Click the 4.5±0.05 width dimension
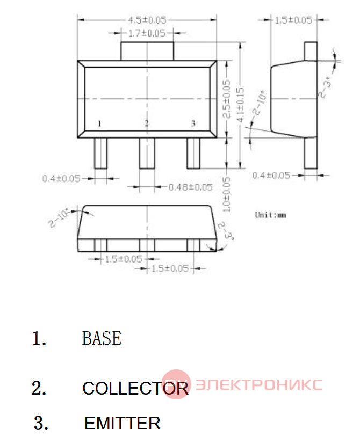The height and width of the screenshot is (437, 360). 147,20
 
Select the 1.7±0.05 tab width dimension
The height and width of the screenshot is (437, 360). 147,33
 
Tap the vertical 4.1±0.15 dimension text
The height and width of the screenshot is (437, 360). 240,105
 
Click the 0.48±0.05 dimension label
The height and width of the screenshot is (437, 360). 190,187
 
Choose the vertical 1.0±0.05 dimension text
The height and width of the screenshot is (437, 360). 227,194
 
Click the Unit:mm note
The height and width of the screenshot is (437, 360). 270,215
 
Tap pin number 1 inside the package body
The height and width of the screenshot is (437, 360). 99,123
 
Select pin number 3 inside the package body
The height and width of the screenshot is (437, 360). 193,123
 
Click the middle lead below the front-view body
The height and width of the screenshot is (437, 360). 147,153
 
